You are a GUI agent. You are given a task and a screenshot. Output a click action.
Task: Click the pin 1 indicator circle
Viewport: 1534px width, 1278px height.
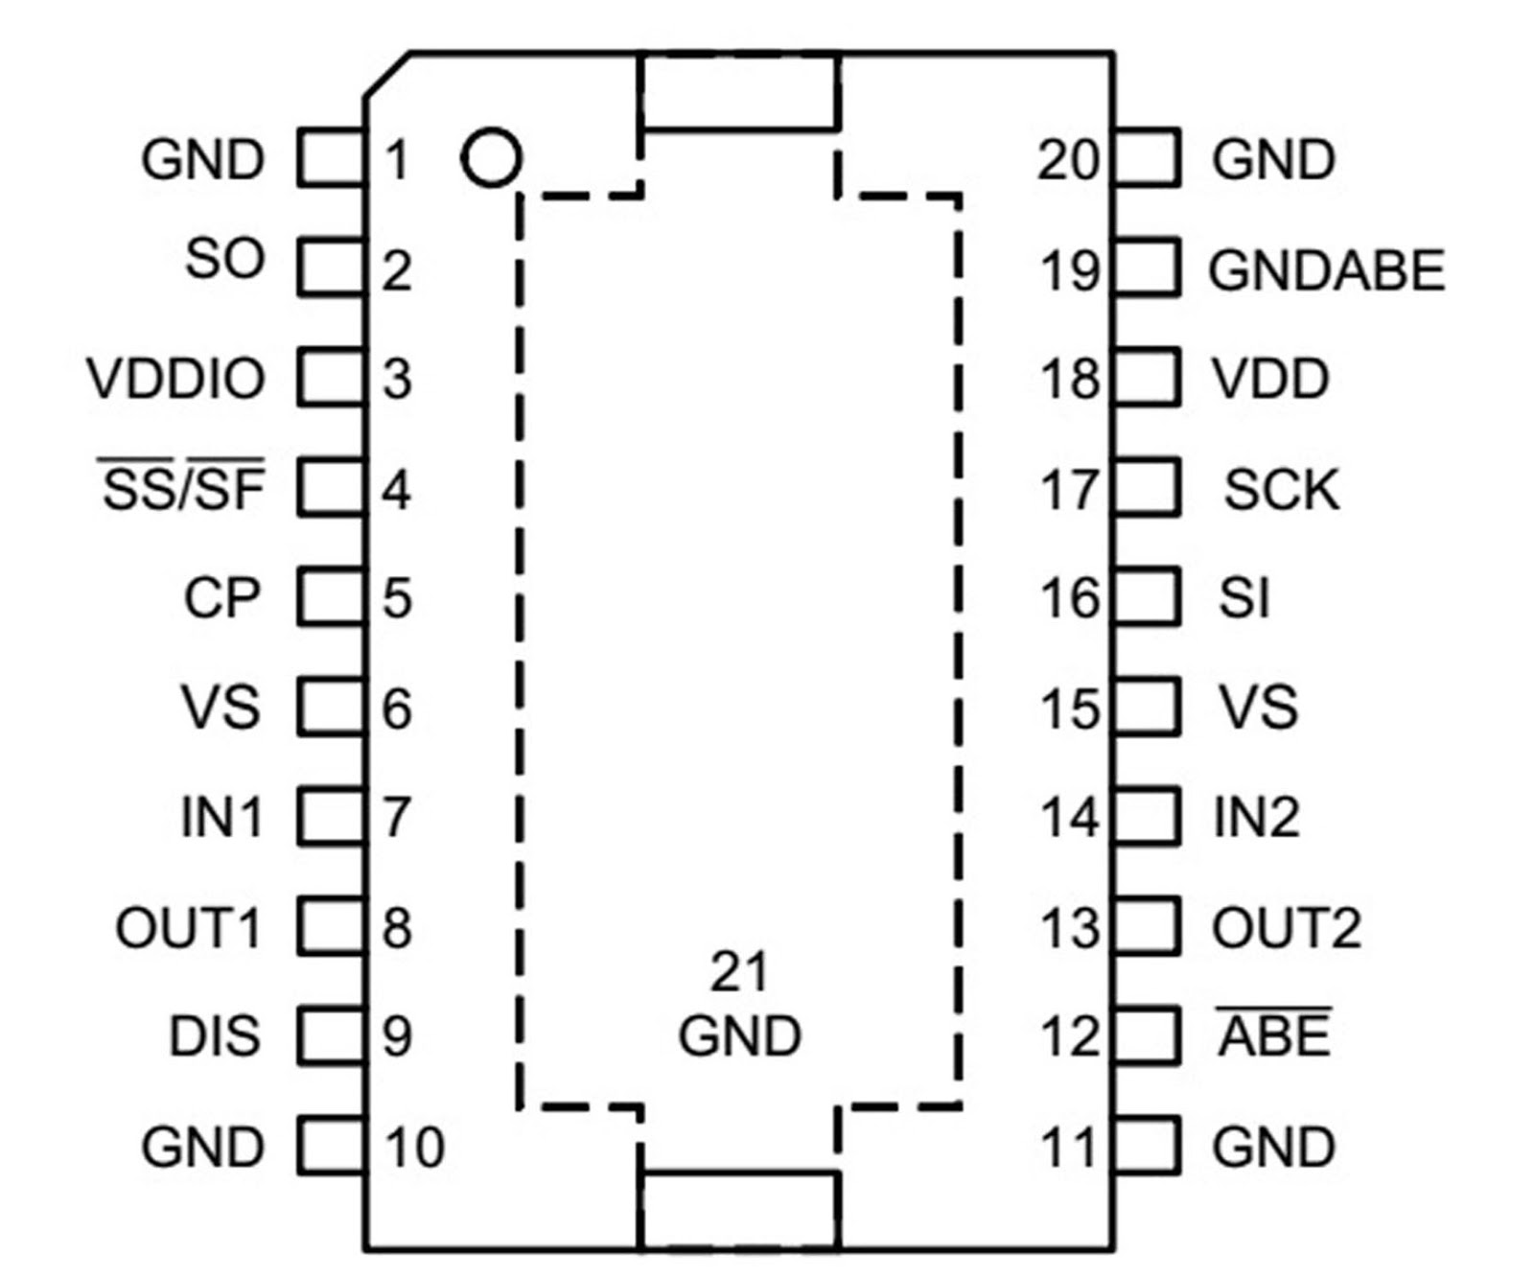(491, 157)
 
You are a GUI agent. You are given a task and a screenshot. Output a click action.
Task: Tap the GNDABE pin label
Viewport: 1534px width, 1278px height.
(1327, 270)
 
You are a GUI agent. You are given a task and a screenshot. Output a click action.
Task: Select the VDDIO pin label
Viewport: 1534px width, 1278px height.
(176, 379)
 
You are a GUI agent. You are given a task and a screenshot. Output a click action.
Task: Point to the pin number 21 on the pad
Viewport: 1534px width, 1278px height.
(738, 972)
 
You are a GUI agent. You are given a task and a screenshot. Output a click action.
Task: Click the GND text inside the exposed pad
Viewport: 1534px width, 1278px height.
(739, 1036)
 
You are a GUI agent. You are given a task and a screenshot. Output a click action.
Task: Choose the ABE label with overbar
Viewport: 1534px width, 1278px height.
(1274, 1035)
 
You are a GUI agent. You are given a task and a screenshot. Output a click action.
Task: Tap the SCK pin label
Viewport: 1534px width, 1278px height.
(1281, 490)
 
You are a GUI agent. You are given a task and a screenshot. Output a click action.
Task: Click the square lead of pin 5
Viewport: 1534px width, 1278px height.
(330, 597)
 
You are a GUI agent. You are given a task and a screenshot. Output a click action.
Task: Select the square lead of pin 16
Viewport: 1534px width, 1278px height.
(1147, 597)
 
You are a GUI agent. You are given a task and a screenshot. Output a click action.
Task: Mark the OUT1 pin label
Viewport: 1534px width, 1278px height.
(189, 928)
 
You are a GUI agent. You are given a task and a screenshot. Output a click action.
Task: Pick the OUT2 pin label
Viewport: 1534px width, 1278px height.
(1286, 928)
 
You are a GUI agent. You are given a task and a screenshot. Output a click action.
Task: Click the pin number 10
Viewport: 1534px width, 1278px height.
(414, 1147)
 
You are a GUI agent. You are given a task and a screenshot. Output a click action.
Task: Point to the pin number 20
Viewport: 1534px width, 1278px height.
(1067, 159)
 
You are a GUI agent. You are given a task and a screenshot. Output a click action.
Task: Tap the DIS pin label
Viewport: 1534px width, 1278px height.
(215, 1036)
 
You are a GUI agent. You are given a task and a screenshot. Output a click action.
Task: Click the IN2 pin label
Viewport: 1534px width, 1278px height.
(1256, 818)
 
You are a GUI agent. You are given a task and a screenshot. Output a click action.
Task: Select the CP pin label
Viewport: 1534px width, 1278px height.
(221, 598)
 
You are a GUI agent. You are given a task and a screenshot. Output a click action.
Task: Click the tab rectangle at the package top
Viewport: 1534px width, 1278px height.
(739, 92)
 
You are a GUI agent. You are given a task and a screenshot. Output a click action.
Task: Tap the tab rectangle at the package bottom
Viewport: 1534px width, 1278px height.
(739, 1209)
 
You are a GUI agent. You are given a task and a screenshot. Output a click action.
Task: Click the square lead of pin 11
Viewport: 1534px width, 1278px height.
(1147, 1145)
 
